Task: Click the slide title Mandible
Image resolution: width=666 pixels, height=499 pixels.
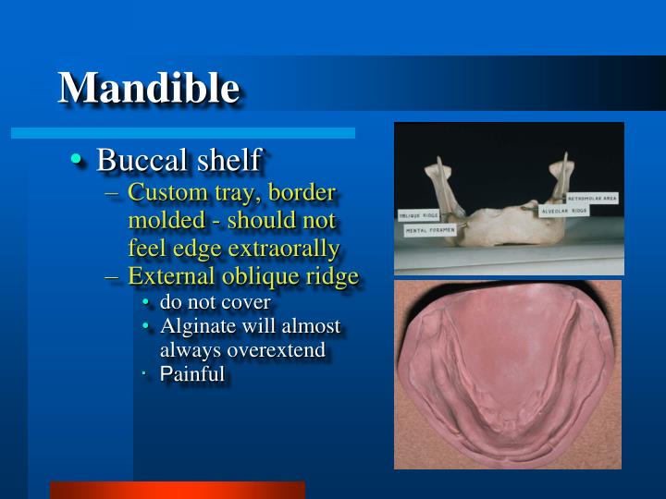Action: click(149, 88)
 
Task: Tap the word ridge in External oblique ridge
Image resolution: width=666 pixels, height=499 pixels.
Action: click(331, 276)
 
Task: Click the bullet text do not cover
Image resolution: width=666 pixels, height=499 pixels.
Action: click(215, 302)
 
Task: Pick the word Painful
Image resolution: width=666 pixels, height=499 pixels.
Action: click(192, 374)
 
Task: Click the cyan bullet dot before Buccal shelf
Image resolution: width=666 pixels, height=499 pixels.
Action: click(78, 161)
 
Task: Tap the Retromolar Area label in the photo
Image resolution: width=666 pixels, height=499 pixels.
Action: click(592, 198)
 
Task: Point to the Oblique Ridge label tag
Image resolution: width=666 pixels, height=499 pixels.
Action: click(418, 215)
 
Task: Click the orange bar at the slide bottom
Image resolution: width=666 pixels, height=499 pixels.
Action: click(177, 490)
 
